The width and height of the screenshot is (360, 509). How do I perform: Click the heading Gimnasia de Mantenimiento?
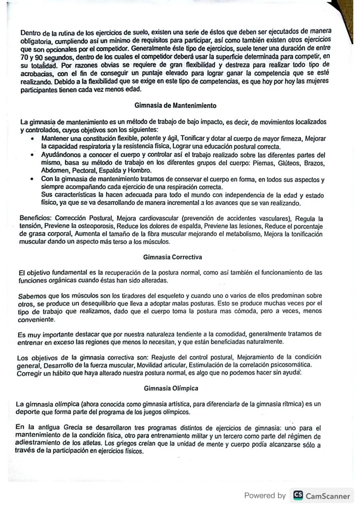[175, 106]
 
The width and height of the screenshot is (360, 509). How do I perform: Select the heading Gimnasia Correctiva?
[172, 257]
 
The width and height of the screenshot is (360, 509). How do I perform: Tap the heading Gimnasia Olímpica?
[171, 388]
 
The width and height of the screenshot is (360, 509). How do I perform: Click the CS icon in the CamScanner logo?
[298, 496]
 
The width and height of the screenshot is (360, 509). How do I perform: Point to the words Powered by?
[265, 496]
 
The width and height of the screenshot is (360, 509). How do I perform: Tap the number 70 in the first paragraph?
[24, 57]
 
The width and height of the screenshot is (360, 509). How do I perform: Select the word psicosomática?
[291, 365]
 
